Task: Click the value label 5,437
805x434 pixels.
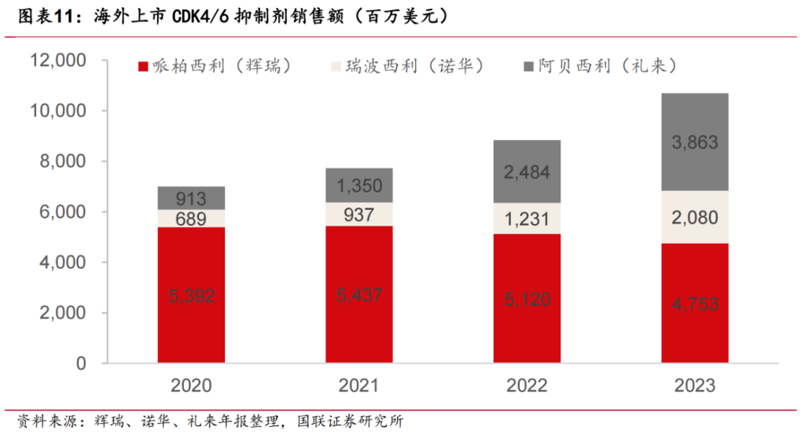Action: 358,296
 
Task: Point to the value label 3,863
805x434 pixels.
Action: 694,142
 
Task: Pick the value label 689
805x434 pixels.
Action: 191,219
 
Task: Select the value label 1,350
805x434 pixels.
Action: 358,186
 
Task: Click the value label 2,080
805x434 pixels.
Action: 694,217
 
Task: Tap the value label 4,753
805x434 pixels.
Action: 694,303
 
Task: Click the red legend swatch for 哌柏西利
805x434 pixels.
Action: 143,66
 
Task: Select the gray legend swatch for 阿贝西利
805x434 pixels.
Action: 526,66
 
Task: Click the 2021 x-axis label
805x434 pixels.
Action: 358,385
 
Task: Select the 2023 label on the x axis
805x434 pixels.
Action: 694,385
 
